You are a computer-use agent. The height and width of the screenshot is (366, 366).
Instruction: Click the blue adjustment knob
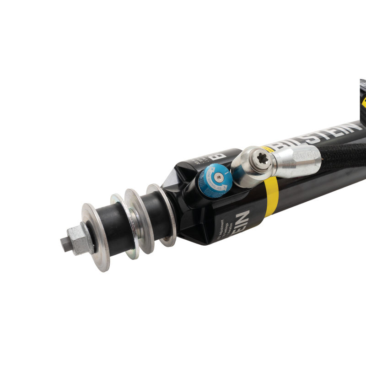tap(215, 180)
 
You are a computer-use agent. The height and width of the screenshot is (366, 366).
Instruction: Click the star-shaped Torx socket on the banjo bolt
tap(262, 158)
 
